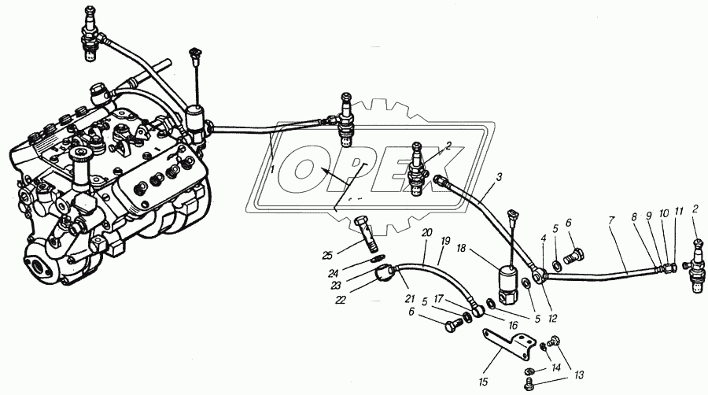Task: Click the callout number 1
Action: pos(271,169)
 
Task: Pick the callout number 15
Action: pos(484,382)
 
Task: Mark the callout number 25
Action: pos(327,254)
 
